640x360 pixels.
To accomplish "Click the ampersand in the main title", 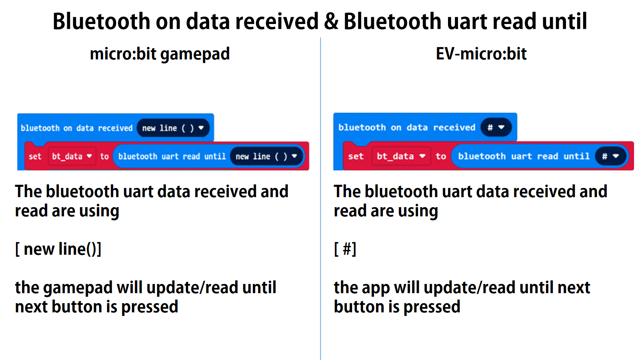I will pyautogui.click(x=331, y=22).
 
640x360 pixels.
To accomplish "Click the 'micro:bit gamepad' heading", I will pyautogui.click(x=160, y=54).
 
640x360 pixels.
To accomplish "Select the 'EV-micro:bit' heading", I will pyautogui.click(x=481, y=54).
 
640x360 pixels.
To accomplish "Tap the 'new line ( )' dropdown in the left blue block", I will pyautogui.click(x=173, y=128).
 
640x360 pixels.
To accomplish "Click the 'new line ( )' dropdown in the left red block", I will pyautogui.click(x=266, y=156).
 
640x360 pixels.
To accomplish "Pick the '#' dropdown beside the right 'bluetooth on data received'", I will pyautogui.click(x=496, y=128).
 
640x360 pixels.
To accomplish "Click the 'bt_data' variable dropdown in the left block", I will pyautogui.click(x=72, y=156).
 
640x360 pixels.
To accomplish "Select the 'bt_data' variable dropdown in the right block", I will pyautogui.click(x=400, y=156).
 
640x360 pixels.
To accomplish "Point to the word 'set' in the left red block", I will pyautogui.click(x=35, y=156).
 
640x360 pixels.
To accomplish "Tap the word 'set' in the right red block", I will pyautogui.click(x=356, y=156).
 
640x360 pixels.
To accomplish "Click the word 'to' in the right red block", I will pyautogui.click(x=441, y=156).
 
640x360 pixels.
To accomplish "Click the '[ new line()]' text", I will pyautogui.click(x=58, y=249).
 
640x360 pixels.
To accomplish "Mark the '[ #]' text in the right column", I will pyautogui.click(x=345, y=249).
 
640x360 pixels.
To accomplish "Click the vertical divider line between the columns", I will pyautogui.click(x=320, y=200).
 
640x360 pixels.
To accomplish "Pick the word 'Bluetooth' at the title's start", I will pyautogui.click(x=101, y=22).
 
